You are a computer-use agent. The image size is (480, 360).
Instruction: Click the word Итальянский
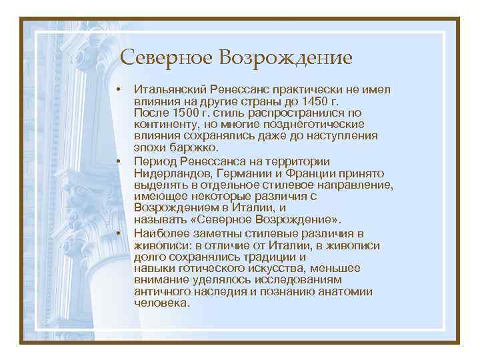[169, 89]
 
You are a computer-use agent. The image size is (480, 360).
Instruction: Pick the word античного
[158, 291]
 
